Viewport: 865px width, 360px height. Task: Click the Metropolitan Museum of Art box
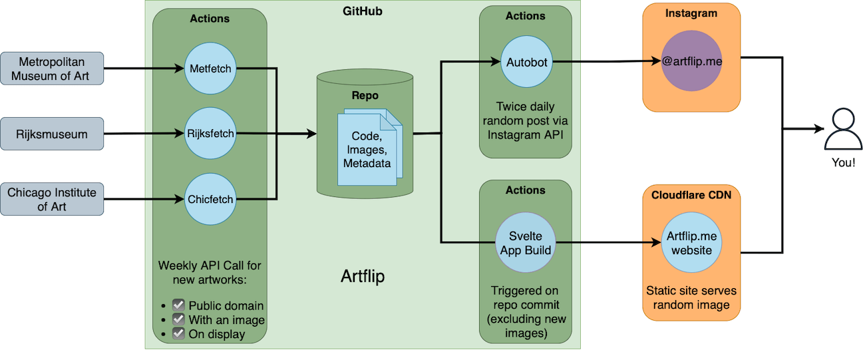tap(53, 69)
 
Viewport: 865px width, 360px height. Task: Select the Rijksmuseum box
tap(53, 134)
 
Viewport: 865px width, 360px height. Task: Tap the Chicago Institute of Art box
tap(53, 199)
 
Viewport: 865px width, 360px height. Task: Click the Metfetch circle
tap(210, 68)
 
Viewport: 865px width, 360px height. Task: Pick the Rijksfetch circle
tap(210, 133)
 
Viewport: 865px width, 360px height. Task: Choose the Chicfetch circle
tap(210, 199)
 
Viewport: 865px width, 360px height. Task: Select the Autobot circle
tap(526, 62)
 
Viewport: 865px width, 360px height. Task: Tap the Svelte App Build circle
tap(526, 244)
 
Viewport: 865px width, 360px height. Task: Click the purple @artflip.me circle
tap(692, 62)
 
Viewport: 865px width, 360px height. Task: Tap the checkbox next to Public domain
tap(178, 305)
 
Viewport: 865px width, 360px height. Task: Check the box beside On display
tap(178, 334)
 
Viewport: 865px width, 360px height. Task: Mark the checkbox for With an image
tap(178, 320)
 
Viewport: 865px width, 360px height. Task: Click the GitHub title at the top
tap(363, 11)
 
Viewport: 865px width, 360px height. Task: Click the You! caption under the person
tap(843, 162)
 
